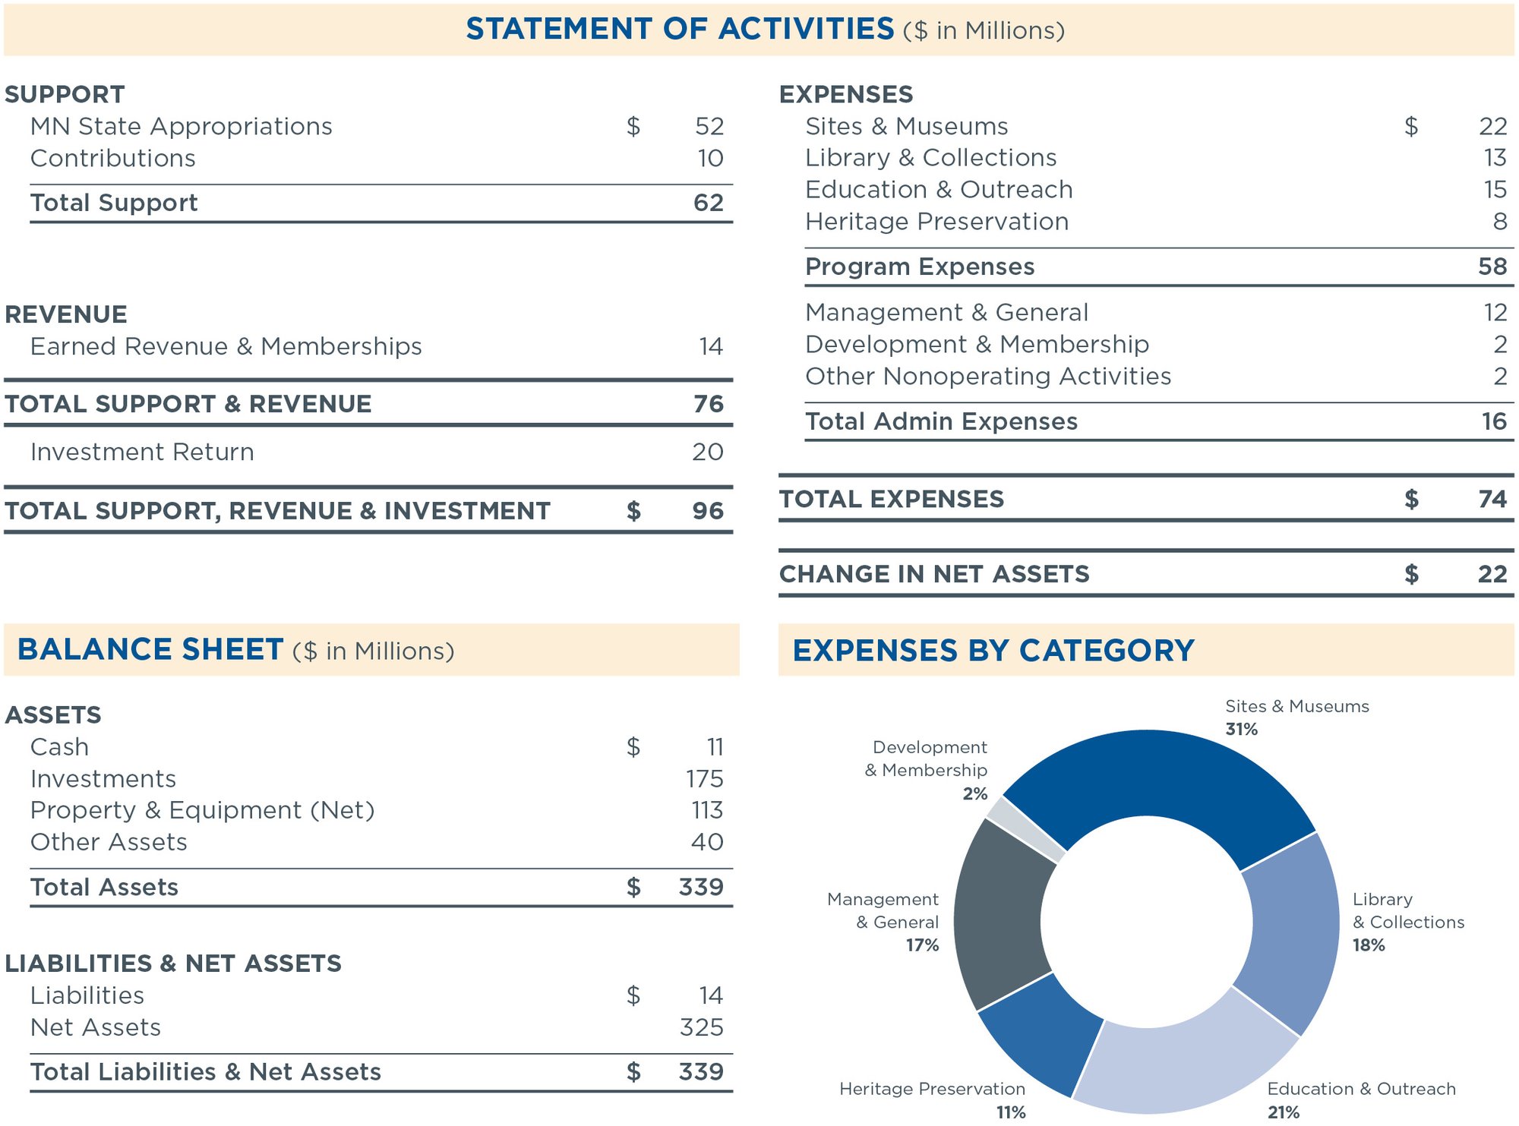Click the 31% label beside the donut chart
coord(1242,730)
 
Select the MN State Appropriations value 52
coord(709,126)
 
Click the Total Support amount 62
coord(708,203)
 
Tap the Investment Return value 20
coord(707,452)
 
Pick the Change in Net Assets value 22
coord(1492,574)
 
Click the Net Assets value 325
coord(701,1027)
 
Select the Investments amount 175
coord(704,779)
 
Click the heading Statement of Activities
coord(680,29)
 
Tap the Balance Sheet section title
coord(150,650)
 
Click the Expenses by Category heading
coord(993,651)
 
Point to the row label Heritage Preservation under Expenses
coord(936,222)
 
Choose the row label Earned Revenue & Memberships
coord(226,346)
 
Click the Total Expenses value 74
coord(1492,499)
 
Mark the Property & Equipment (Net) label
coord(202,810)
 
